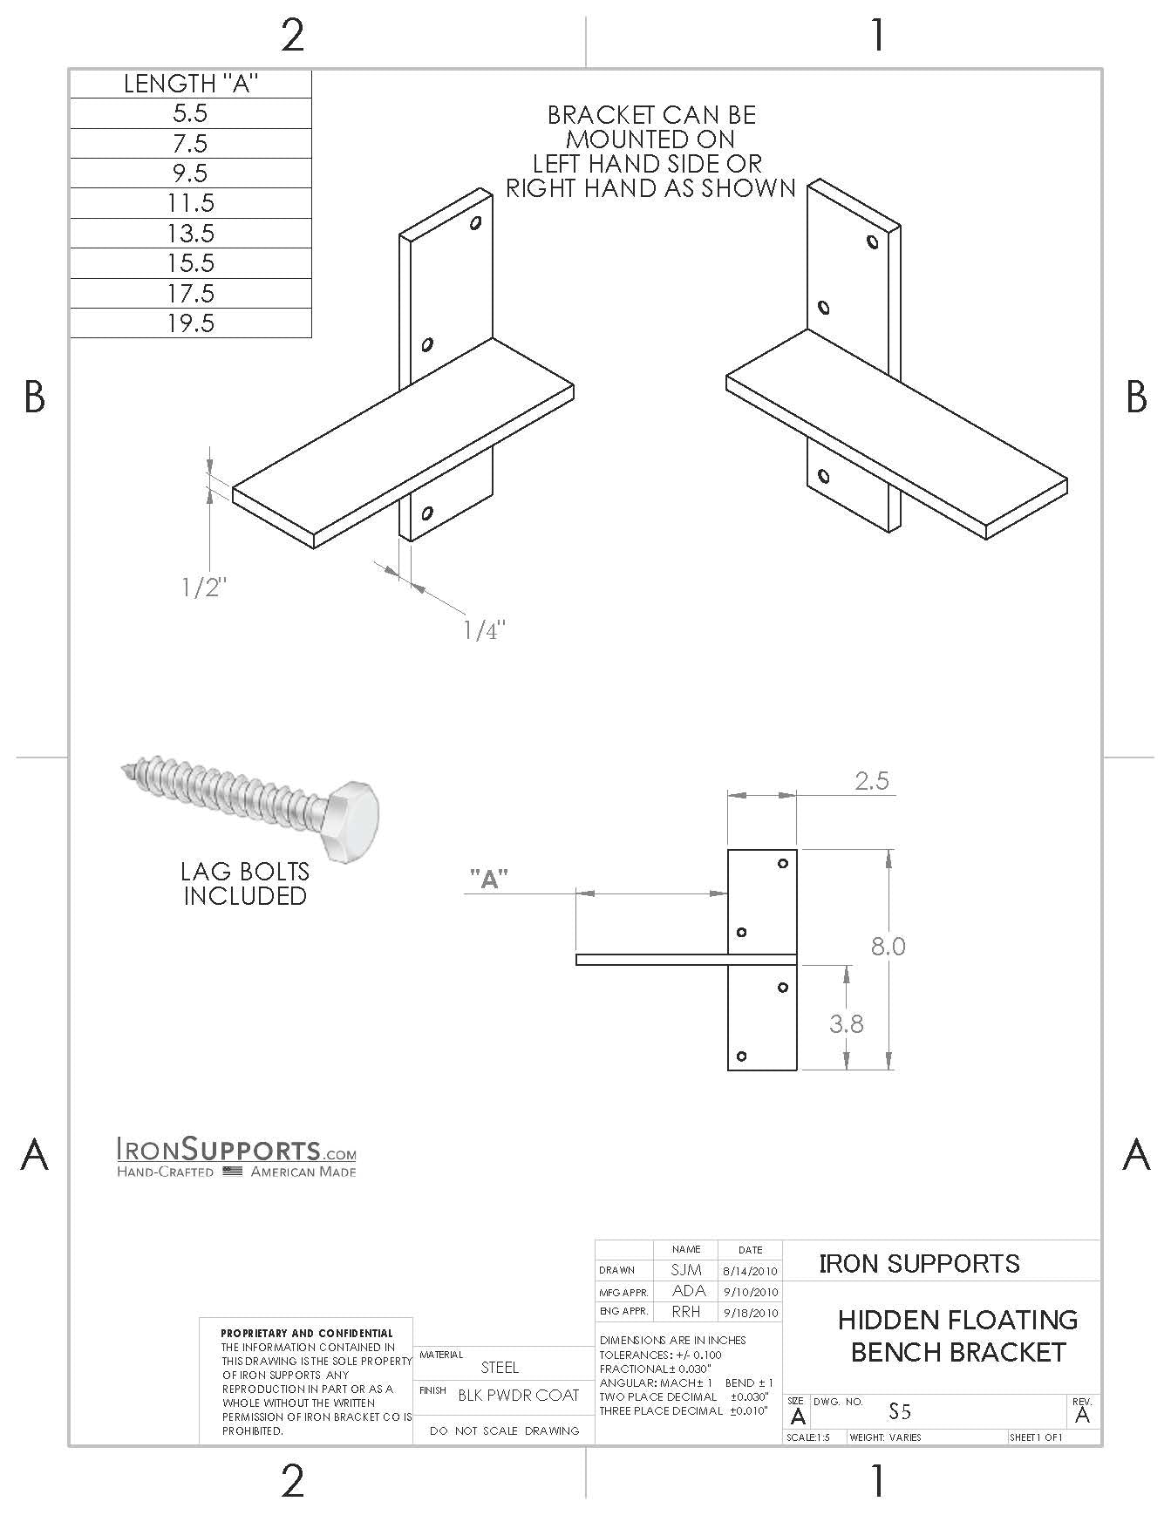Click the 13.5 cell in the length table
click(x=191, y=233)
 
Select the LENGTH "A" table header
click(x=191, y=84)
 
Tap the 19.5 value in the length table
click(x=191, y=323)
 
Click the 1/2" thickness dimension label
click(x=204, y=588)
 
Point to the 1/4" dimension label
click(x=484, y=630)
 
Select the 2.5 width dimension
click(x=871, y=780)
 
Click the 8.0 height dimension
click(x=888, y=946)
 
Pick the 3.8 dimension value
click(x=846, y=1023)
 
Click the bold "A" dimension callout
click(x=489, y=880)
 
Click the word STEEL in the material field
click(x=500, y=1368)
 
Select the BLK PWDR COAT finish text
click(x=519, y=1396)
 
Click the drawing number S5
click(x=900, y=1411)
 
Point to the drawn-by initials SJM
click(x=686, y=1270)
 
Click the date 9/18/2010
click(x=750, y=1312)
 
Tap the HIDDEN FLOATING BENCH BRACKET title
click(x=957, y=1336)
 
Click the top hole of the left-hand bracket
click(x=476, y=223)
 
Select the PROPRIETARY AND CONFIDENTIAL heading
click(x=306, y=1333)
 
